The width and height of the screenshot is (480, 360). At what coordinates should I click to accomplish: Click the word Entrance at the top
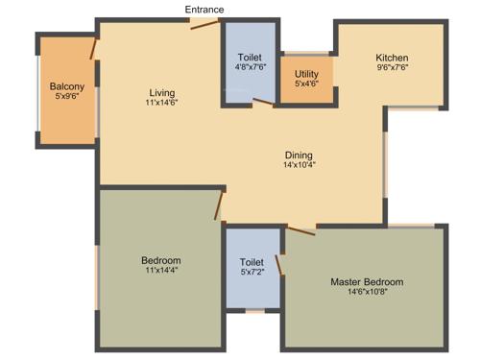tap(205, 10)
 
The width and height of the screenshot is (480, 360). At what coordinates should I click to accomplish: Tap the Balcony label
tap(68, 86)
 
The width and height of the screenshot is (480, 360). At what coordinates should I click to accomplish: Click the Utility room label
tap(306, 74)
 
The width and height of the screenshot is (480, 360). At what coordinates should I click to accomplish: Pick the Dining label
tap(299, 156)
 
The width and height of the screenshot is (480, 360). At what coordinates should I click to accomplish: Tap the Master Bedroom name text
tap(367, 282)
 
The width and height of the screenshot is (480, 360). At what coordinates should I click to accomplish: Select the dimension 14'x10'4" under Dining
tap(299, 165)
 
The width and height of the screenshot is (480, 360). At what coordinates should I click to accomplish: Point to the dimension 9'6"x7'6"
tap(392, 67)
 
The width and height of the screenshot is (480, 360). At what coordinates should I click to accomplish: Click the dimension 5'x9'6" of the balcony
tap(68, 96)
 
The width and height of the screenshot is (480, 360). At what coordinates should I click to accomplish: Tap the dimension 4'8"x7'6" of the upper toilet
tap(251, 67)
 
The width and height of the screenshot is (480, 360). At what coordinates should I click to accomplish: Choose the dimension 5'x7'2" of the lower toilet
tap(252, 272)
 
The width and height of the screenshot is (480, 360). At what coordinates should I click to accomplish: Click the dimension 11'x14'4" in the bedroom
tap(160, 271)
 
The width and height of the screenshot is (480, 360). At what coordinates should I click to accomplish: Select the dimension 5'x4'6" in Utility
tap(306, 84)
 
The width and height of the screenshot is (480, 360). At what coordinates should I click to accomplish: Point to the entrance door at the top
tap(204, 24)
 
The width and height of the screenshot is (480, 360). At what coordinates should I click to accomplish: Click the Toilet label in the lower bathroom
tap(252, 261)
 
